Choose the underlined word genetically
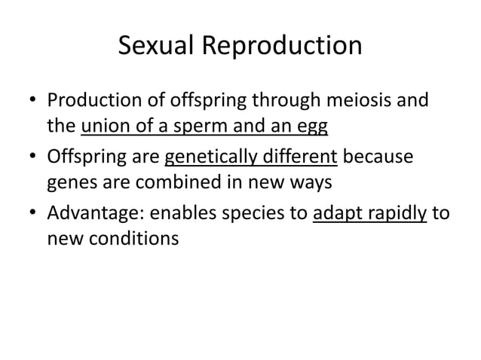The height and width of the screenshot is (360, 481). [x=213, y=159]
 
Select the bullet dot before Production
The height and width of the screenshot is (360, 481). [x=31, y=102]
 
